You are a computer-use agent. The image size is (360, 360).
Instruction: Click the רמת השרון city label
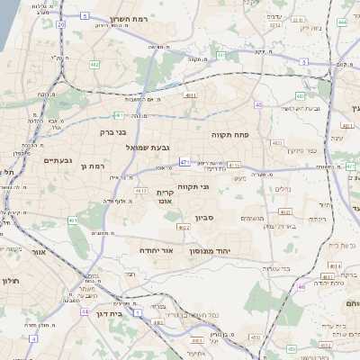point(128,19)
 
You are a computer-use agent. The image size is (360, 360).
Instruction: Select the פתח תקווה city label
point(229,134)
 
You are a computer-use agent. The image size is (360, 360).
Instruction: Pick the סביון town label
point(205,218)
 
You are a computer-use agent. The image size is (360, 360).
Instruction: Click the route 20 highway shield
point(60,24)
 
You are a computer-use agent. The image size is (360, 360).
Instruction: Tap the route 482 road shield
point(94,65)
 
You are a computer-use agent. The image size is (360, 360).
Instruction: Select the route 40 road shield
point(259,105)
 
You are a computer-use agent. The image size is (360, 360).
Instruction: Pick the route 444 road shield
point(342,21)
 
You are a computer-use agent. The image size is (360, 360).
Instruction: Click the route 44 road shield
point(84,311)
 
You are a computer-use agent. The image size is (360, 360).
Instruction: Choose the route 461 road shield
point(72,220)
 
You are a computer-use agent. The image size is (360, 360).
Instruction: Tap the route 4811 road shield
point(190,94)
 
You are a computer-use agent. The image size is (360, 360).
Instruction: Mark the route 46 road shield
point(301,287)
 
